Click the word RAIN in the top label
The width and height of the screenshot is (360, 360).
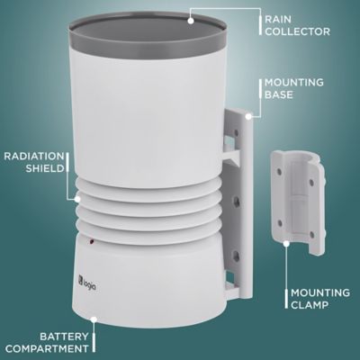pyautogui.click(x=276, y=17)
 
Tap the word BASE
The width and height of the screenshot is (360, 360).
pyautogui.click(x=276, y=94)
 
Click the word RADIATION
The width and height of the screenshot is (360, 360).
pyautogui.click(x=32, y=154)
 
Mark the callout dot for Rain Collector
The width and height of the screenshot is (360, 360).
pyautogui.click(x=193, y=15)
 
